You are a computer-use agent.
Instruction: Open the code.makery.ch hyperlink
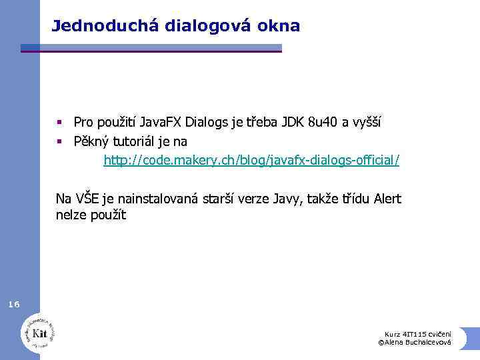point(251,161)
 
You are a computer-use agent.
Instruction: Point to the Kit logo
point(38,331)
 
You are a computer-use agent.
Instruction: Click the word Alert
point(387,199)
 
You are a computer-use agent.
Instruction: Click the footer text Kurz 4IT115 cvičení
point(418,333)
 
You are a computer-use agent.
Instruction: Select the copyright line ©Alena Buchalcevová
point(414,342)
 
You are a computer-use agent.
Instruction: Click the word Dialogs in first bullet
point(207,122)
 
